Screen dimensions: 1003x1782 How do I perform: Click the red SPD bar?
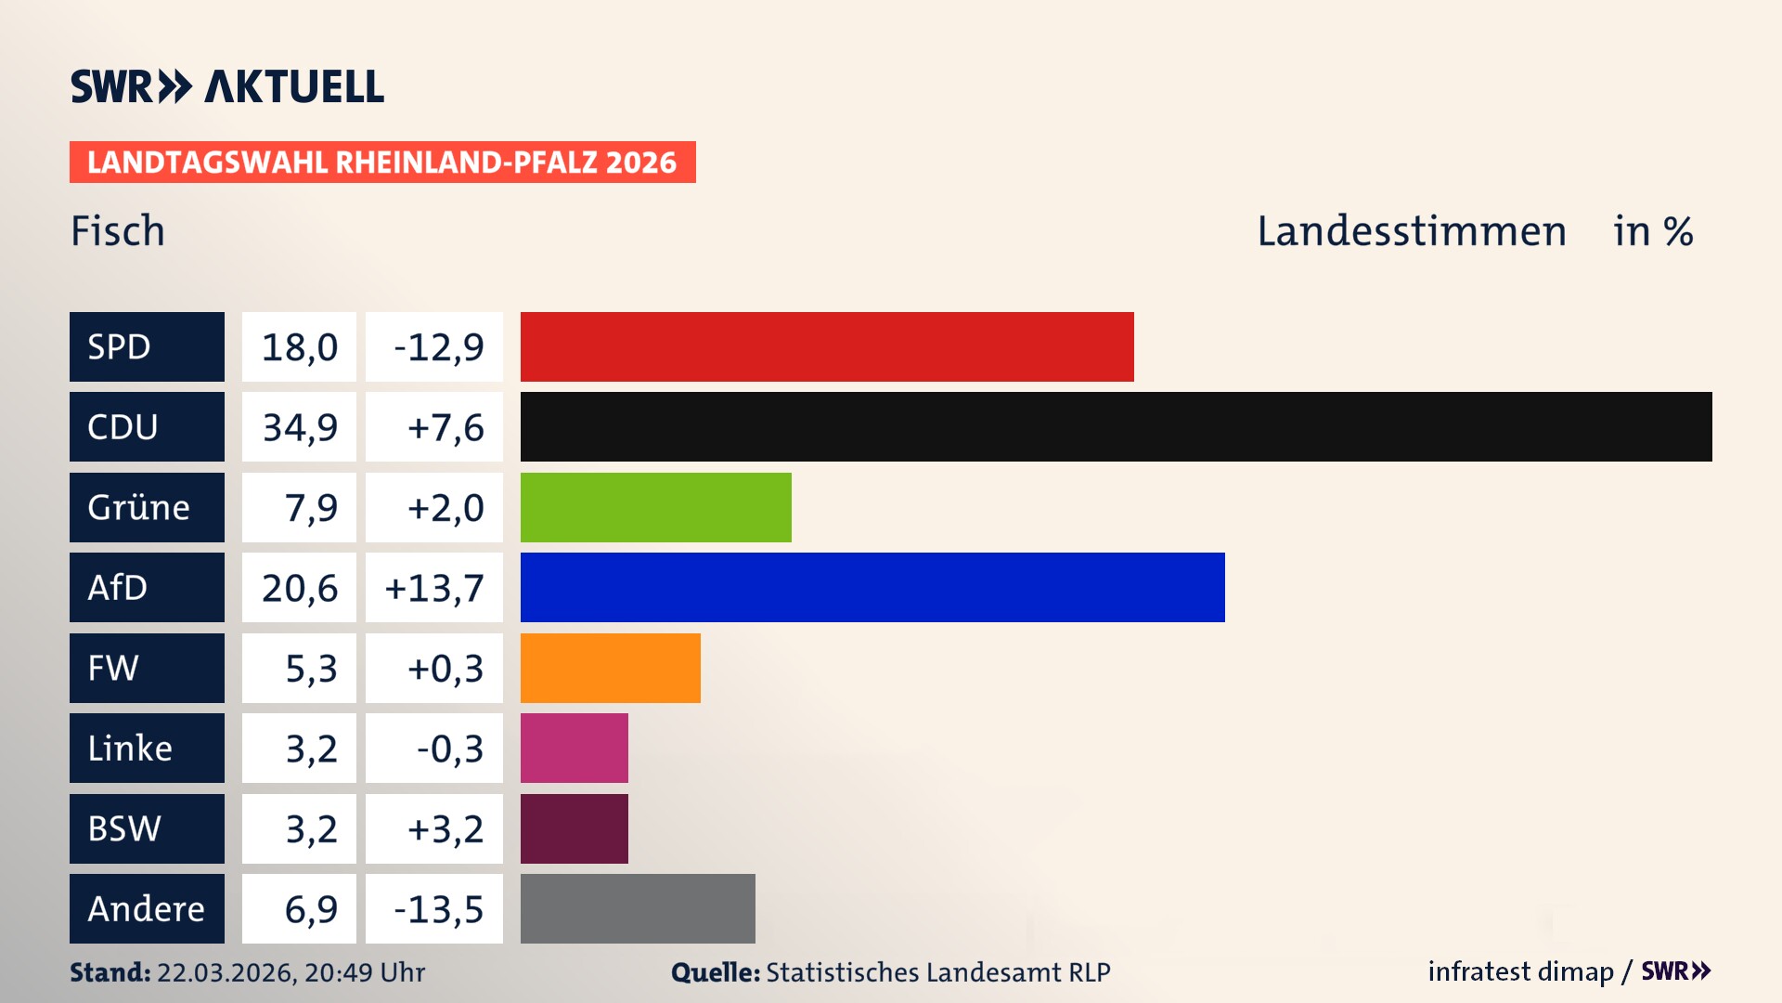coord(826,346)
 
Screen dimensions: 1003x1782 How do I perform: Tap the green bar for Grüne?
coord(655,507)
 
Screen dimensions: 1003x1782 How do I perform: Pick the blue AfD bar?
coord(872,587)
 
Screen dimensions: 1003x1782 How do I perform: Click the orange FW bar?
coord(610,668)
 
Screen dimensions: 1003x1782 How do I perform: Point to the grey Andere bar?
coord(638,908)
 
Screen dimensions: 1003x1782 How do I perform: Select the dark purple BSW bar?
coord(574,828)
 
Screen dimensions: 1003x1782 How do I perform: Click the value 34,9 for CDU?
coord(299,427)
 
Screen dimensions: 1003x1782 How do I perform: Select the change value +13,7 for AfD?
coord(433,588)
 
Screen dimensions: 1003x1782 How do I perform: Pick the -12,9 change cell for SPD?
coord(437,347)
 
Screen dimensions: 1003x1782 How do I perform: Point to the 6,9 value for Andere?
coord(310,909)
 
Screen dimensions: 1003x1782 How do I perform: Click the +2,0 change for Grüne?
coord(445,508)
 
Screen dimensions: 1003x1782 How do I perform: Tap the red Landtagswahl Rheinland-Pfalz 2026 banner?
coord(381,163)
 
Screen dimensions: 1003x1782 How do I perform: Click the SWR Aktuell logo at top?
coord(226,86)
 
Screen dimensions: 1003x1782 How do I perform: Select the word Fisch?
coord(118,231)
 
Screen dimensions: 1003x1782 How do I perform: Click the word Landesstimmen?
coord(1411,231)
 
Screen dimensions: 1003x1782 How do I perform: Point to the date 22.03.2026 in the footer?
coord(226,972)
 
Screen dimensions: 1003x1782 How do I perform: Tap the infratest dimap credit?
coord(1519,971)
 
